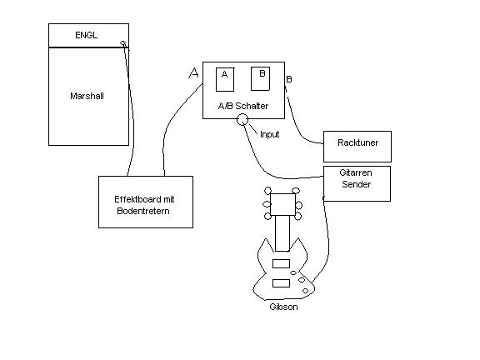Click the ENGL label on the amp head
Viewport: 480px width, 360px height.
[87, 35]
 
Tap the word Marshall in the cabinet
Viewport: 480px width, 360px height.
[87, 96]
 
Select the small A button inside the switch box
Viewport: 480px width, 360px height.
[225, 80]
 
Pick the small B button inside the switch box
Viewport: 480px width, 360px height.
[260, 78]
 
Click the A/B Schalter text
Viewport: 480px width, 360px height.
[243, 106]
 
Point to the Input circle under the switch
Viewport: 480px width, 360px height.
[242, 120]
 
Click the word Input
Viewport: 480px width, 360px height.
[269, 134]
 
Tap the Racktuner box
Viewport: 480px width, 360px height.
[357, 147]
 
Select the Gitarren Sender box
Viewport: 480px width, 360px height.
[357, 183]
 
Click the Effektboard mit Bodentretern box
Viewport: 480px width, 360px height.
[146, 202]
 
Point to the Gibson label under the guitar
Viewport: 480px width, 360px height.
[283, 307]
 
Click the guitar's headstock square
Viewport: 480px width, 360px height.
[282, 204]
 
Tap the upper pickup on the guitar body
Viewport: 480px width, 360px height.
[281, 263]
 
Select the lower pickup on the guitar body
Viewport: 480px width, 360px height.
[281, 283]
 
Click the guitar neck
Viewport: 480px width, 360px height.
[282, 233]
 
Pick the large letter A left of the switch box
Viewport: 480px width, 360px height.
[193, 73]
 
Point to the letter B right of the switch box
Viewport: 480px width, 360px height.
[289, 80]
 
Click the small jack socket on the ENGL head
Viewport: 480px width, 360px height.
[123, 43]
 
